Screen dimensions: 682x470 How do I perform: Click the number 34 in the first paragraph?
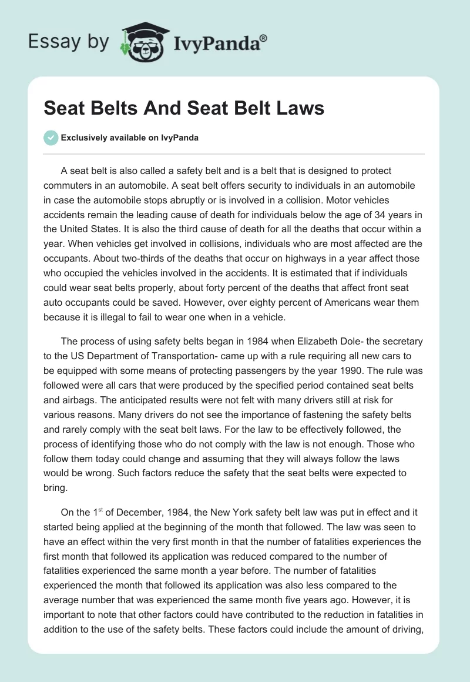[366, 213]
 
